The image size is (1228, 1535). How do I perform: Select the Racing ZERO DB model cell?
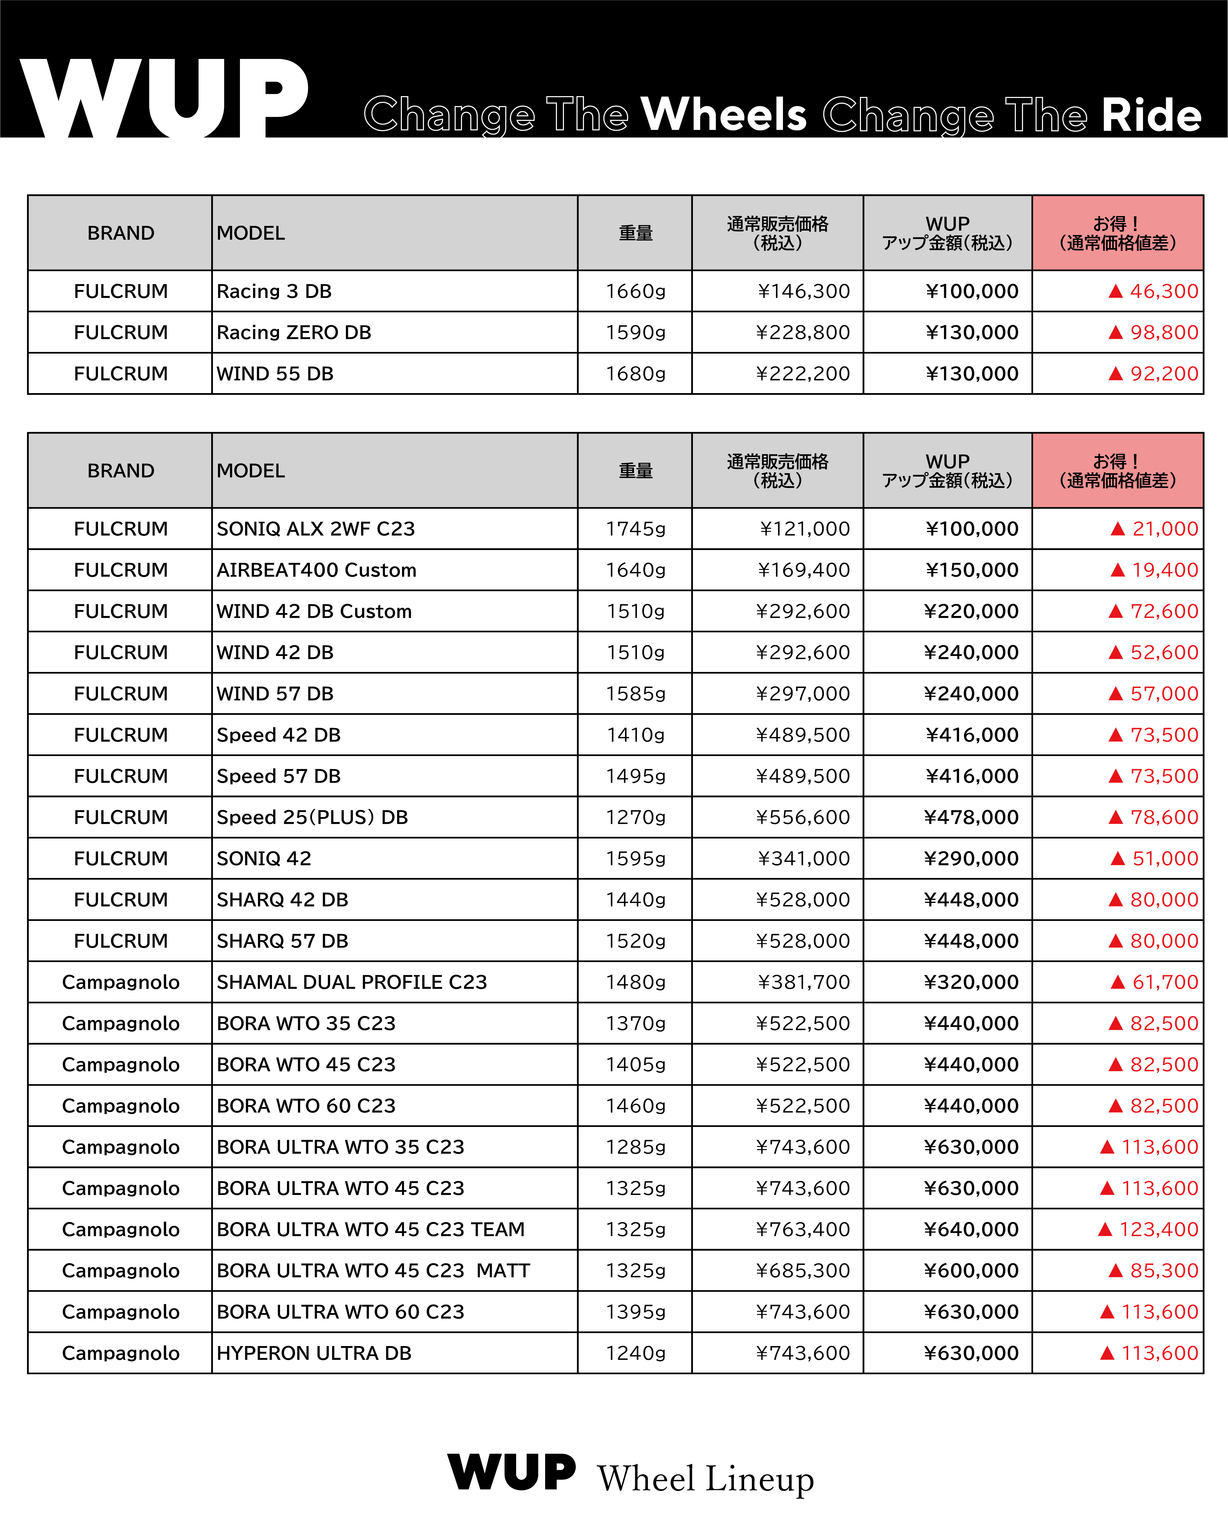[x=294, y=333]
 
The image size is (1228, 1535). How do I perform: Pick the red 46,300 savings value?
[x=1163, y=291]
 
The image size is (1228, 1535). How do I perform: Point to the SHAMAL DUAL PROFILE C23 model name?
[x=352, y=982]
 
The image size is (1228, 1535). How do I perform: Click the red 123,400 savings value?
[x=1158, y=1230]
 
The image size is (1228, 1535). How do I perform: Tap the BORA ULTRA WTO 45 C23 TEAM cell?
[x=370, y=1230]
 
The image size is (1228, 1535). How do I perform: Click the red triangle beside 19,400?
[x=1117, y=570]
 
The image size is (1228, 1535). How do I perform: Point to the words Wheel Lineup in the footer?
[x=705, y=1479]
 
